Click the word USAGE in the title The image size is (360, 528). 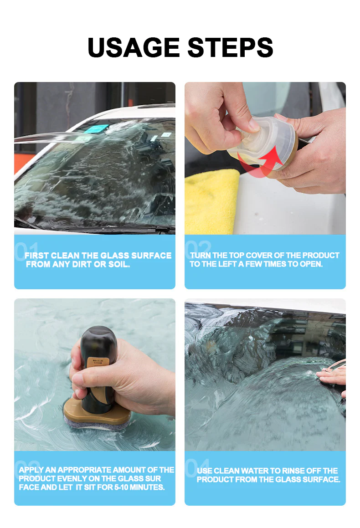click(x=133, y=47)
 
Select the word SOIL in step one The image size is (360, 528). click(x=120, y=264)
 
